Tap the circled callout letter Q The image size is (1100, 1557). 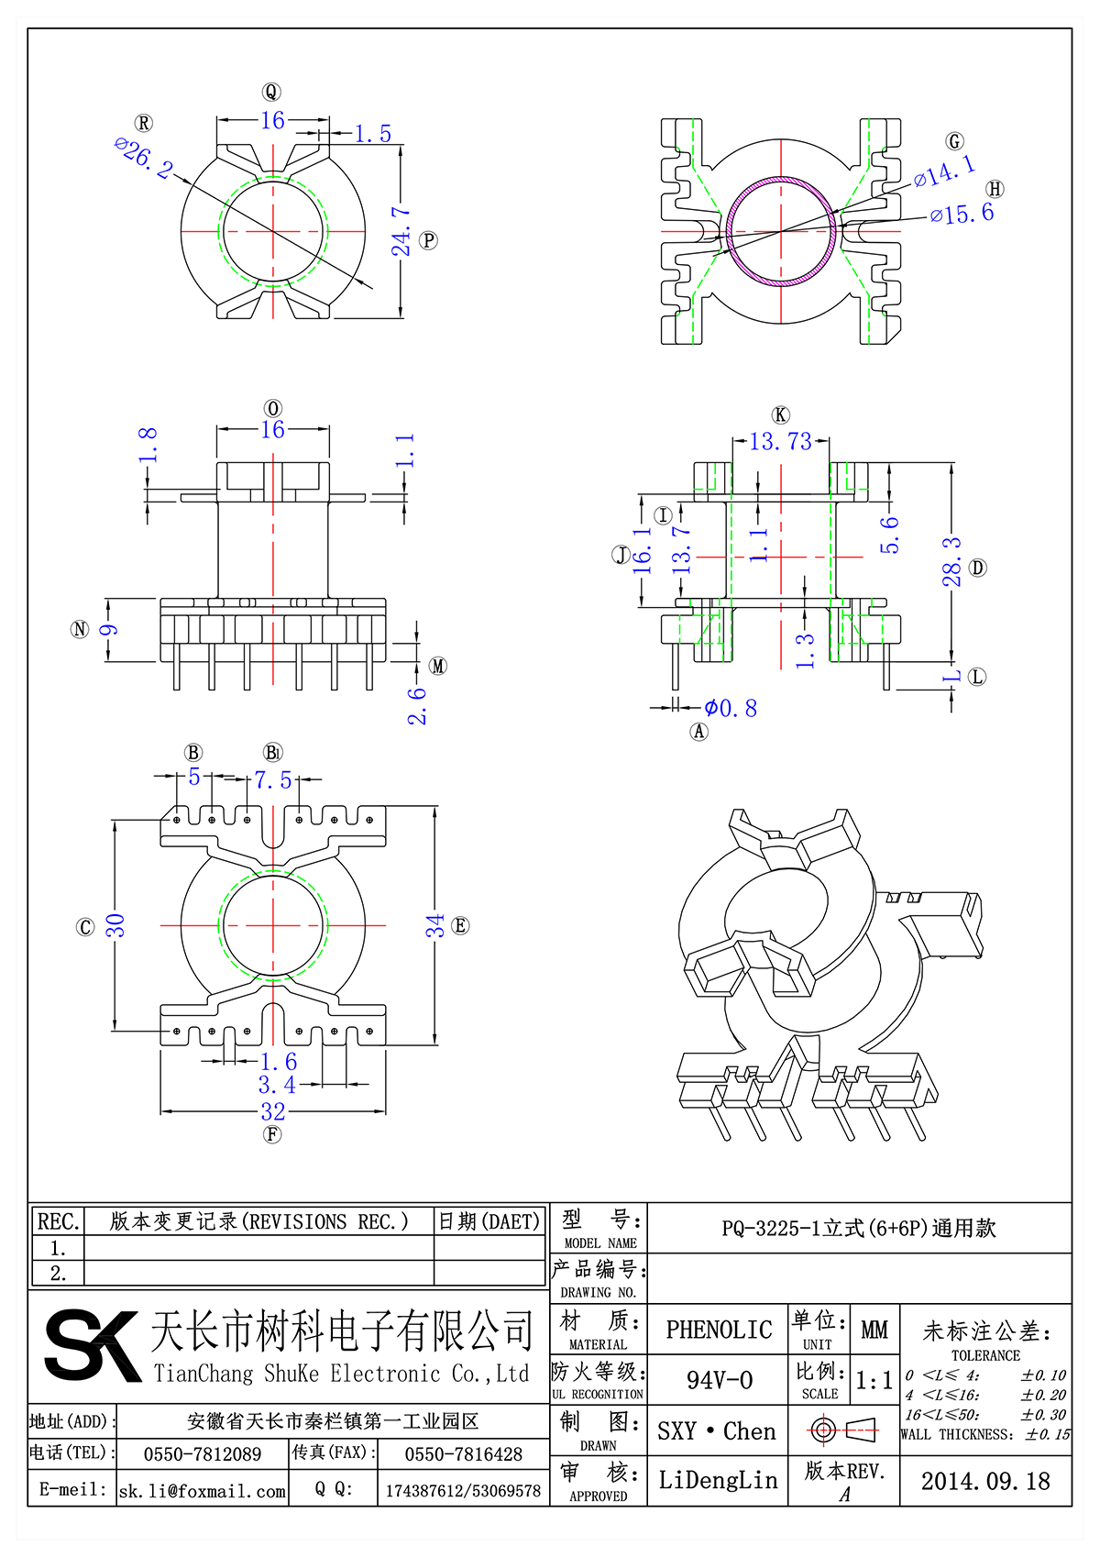tap(271, 92)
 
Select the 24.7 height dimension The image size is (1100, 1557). tap(401, 231)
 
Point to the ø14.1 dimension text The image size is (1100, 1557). tap(944, 171)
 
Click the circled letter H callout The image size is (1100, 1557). tap(995, 189)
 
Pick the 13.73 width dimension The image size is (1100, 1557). tap(780, 442)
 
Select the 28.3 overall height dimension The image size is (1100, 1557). tap(952, 562)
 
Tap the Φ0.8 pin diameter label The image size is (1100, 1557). tap(731, 708)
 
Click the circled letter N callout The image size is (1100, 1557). tap(80, 629)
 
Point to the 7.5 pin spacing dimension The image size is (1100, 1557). tap(273, 779)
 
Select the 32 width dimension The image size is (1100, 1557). tap(273, 1111)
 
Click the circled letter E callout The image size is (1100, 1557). tap(460, 925)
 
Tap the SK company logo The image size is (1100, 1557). tap(92, 1344)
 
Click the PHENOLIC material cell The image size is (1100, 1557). tap(719, 1330)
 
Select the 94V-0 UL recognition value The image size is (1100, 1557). tap(719, 1380)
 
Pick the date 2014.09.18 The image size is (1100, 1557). tap(985, 1481)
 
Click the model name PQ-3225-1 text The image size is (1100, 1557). tap(858, 1228)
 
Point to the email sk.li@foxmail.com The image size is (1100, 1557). tap(203, 1491)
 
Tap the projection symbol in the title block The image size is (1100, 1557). tap(843, 1430)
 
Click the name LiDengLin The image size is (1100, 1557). tap(718, 1480)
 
